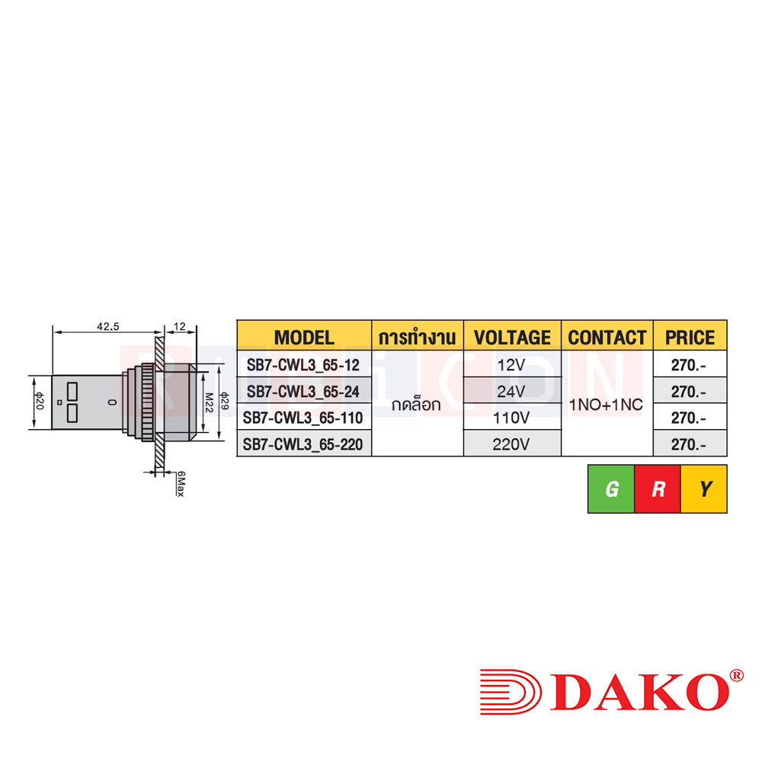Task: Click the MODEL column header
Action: click(304, 337)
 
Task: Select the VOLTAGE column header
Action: click(511, 337)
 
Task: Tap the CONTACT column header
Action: click(607, 337)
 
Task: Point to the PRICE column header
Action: click(690, 337)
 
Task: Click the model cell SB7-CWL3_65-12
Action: click(304, 365)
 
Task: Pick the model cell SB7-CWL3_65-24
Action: click(304, 392)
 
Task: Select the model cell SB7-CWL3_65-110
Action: click(304, 418)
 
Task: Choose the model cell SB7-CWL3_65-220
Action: click(304, 443)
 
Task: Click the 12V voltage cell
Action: click(511, 365)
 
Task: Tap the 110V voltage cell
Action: click(511, 418)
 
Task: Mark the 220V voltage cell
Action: click(511, 443)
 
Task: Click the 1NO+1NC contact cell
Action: click(607, 405)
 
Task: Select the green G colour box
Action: click(611, 489)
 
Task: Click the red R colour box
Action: click(658, 489)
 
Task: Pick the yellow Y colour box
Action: click(705, 489)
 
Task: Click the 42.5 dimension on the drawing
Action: click(107, 325)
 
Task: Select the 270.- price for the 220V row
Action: click(689, 443)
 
